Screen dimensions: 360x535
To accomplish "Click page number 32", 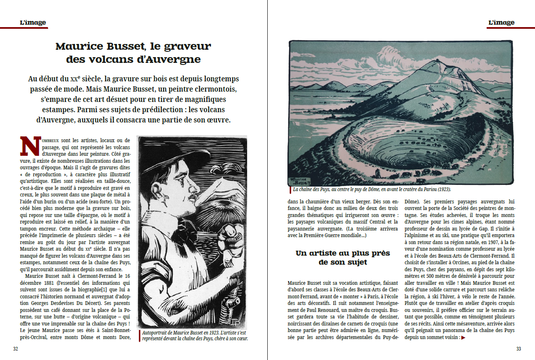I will [16, 349].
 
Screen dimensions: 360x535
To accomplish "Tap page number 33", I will [519, 349].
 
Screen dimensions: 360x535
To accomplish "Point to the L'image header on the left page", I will [33, 23].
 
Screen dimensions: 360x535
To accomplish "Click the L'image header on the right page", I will [501, 23].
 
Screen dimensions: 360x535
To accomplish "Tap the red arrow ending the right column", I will [463, 338].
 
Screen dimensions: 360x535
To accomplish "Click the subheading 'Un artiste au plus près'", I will [343, 253].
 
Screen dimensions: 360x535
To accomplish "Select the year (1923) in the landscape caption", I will [442, 190].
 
